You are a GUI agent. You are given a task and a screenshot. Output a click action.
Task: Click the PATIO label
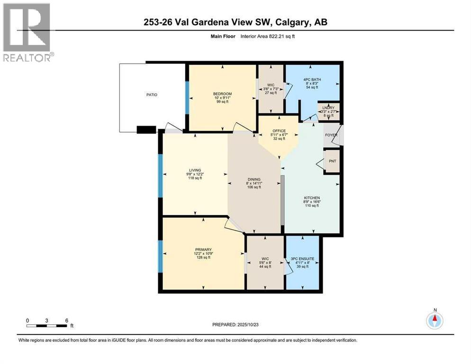point(151,95)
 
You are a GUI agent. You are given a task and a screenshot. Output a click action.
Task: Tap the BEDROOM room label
point(222,94)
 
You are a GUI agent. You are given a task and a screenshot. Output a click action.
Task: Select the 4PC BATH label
point(312,80)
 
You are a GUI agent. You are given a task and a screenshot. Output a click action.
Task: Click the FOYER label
point(331,135)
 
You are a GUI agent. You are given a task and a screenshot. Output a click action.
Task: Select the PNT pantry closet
point(332,161)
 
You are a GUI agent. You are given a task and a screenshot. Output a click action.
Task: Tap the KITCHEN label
point(312,198)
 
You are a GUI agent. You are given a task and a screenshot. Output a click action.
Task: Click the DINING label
point(254,180)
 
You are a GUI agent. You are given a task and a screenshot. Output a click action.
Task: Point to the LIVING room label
point(195,170)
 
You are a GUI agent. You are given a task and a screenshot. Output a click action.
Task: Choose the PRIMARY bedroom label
point(202,249)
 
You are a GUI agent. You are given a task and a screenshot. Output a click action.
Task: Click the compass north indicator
point(435,320)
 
